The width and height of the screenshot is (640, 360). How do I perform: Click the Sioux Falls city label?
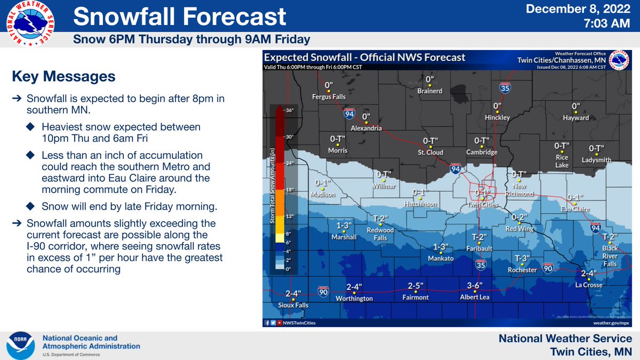point(293,305)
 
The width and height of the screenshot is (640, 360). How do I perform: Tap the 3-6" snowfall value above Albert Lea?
point(475,285)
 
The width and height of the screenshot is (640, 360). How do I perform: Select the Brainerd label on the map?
point(429,91)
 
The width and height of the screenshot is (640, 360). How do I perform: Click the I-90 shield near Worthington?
point(323,291)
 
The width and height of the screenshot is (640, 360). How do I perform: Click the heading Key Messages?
point(63,77)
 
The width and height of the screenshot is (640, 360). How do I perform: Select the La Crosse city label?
point(588,285)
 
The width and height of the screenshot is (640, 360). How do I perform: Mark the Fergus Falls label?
point(329,97)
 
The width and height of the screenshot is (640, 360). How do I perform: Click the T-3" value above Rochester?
point(522,259)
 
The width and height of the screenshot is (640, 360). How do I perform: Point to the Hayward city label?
point(576,118)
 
